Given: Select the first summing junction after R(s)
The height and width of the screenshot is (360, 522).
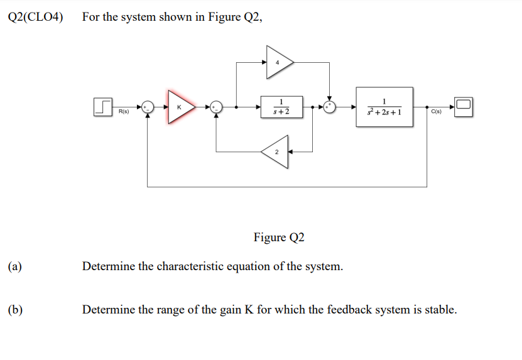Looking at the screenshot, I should coord(147,107).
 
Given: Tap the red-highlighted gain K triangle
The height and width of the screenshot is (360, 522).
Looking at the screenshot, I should coord(180,106).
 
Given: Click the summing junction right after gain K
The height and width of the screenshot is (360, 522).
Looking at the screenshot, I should coord(216,107).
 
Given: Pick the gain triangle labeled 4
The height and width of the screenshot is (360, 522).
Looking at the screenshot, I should coord(278,62).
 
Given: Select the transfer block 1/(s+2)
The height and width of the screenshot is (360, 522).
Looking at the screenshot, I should coord(281,107).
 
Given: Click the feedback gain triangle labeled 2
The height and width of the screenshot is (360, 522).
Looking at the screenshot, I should coord(276,151).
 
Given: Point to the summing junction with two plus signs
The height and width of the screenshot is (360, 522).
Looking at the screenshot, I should coord(329,107).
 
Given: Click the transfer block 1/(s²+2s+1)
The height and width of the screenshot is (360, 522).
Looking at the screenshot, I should coord(384,107).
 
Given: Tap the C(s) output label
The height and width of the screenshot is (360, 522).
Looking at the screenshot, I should coord(437,112).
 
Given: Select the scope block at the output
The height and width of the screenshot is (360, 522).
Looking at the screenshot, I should coord(464,106).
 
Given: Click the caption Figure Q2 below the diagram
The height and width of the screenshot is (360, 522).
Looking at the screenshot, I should coord(279,237).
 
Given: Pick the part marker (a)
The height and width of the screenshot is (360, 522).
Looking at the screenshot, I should coord(15,266).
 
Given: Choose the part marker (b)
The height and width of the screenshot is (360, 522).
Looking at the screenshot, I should coord(15,310).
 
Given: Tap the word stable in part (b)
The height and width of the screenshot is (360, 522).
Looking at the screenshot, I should coord(440,310).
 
